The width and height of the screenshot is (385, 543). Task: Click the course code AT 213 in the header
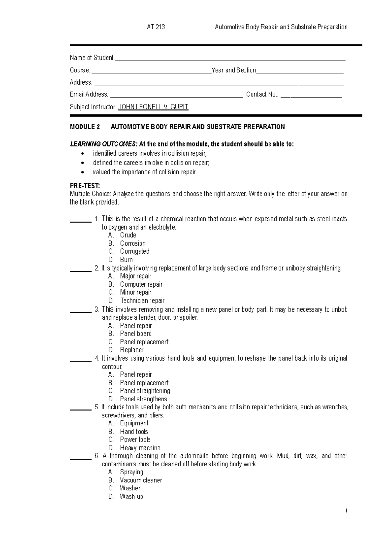point(156,27)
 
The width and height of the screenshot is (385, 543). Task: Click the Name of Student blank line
point(230,59)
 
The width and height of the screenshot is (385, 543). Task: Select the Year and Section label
point(234,70)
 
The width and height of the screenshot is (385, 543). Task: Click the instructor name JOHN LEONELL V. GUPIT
point(153,107)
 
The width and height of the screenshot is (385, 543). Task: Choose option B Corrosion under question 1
point(133,244)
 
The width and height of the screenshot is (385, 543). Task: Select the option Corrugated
point(134,252)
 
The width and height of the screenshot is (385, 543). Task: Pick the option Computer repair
point(141,284)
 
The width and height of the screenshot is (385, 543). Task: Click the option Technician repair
point(142,301)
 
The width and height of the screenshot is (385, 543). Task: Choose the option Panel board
point(136,334)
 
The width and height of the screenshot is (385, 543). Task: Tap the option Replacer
point(132,350)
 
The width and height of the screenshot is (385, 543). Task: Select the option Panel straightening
point(145,391)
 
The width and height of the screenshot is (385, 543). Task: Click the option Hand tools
point(134,432)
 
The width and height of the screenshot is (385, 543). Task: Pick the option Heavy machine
point(140,448)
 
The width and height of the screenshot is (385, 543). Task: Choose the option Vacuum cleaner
point(141,480)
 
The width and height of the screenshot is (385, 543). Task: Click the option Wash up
point(131,497)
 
